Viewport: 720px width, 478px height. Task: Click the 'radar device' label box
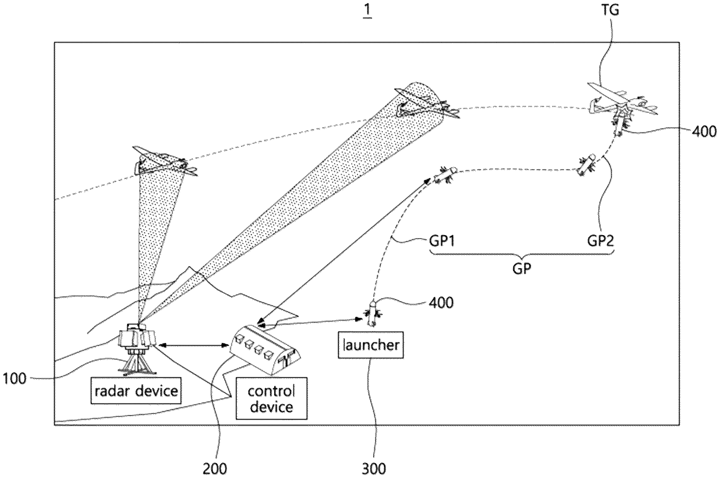[x=136, y=392]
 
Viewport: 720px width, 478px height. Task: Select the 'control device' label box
[x=271, y=399]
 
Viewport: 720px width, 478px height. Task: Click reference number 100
[x=16, y=378]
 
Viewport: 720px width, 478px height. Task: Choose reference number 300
[x=374, y=467]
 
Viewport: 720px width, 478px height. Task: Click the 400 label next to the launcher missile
[x=441, y=302]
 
